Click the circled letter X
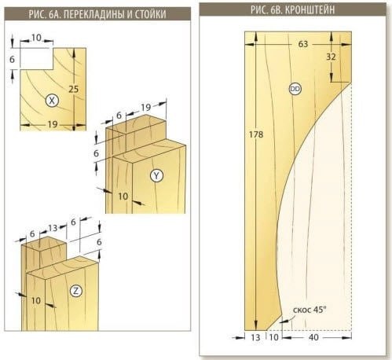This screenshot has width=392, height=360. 52,101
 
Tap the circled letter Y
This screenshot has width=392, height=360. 156,175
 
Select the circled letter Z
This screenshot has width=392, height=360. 76,291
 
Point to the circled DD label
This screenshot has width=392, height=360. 295,89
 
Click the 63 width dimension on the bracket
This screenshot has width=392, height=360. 303,44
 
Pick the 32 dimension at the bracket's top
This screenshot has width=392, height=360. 331,57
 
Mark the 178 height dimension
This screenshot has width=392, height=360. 256,134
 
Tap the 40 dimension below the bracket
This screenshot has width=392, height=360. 313,337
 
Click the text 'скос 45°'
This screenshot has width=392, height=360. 310,310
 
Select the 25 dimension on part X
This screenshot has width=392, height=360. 74,89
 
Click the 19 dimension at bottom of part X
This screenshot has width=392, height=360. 53,124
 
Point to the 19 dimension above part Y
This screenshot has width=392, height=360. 146,107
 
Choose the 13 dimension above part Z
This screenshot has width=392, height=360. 53,228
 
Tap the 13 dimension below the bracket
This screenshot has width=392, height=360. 255,337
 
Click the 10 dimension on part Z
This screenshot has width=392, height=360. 36,300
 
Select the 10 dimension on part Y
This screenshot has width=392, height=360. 123,197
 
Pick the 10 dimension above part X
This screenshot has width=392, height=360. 36,38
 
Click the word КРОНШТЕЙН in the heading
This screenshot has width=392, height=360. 310,9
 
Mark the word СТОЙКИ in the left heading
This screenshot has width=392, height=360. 150,14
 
